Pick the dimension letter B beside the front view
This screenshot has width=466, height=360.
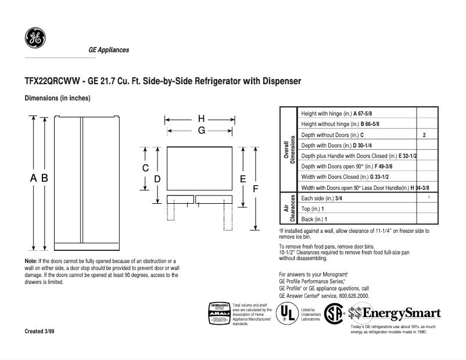pos(44,179)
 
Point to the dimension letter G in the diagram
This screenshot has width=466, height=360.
pos(201,131)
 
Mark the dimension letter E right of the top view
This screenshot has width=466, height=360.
pos(243,179)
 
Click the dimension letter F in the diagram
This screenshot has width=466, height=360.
pos(254,189)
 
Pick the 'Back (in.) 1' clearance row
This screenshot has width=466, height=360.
pos(314,219)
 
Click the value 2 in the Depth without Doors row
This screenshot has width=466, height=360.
pos(425,135)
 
